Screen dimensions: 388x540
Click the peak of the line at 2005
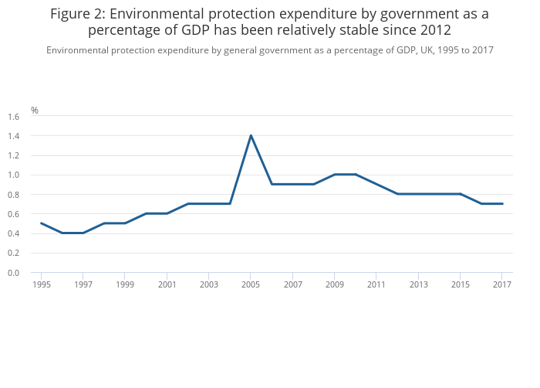(x=251, y=136)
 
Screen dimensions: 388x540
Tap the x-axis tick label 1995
(x=42, y=284)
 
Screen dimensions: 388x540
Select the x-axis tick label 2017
(x=502, y=284)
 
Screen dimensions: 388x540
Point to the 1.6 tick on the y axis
(x=13, y=117)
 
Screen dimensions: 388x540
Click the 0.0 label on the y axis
(x=13, y=273)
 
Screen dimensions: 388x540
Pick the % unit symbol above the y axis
(x=35, y=111)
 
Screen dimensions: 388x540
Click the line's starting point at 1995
(x=42, y=223)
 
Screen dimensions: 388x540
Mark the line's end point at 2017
(x=502, y=204)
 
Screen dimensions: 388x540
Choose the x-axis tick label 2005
(x=251, y=284)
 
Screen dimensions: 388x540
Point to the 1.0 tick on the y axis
(x=13, y=175)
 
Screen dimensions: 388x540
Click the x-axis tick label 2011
(x=376, y=284)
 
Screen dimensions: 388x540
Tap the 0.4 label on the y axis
(x=13, y=233)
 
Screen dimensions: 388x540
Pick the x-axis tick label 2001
(x=167, y=284)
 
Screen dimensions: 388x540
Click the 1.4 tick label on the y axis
(x=13, y=136)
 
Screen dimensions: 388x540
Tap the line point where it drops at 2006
(x=272, y=184)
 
